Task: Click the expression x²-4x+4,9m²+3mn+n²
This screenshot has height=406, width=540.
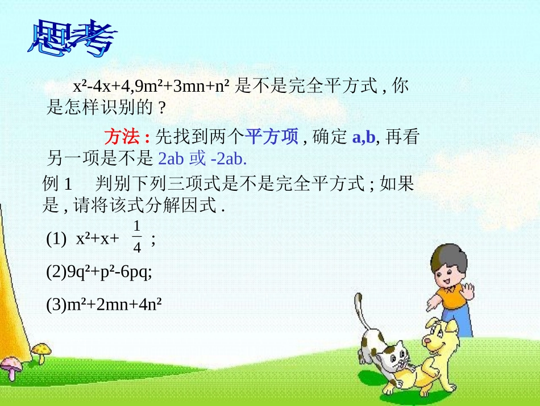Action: [x=151, y=87]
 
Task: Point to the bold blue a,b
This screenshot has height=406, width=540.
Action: [x=364, y=138]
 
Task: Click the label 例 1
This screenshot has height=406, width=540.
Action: [x=59, y=184]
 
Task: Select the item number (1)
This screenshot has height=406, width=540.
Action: [x=57, y=240]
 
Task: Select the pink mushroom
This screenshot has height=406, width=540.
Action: [x=10, y=364]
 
